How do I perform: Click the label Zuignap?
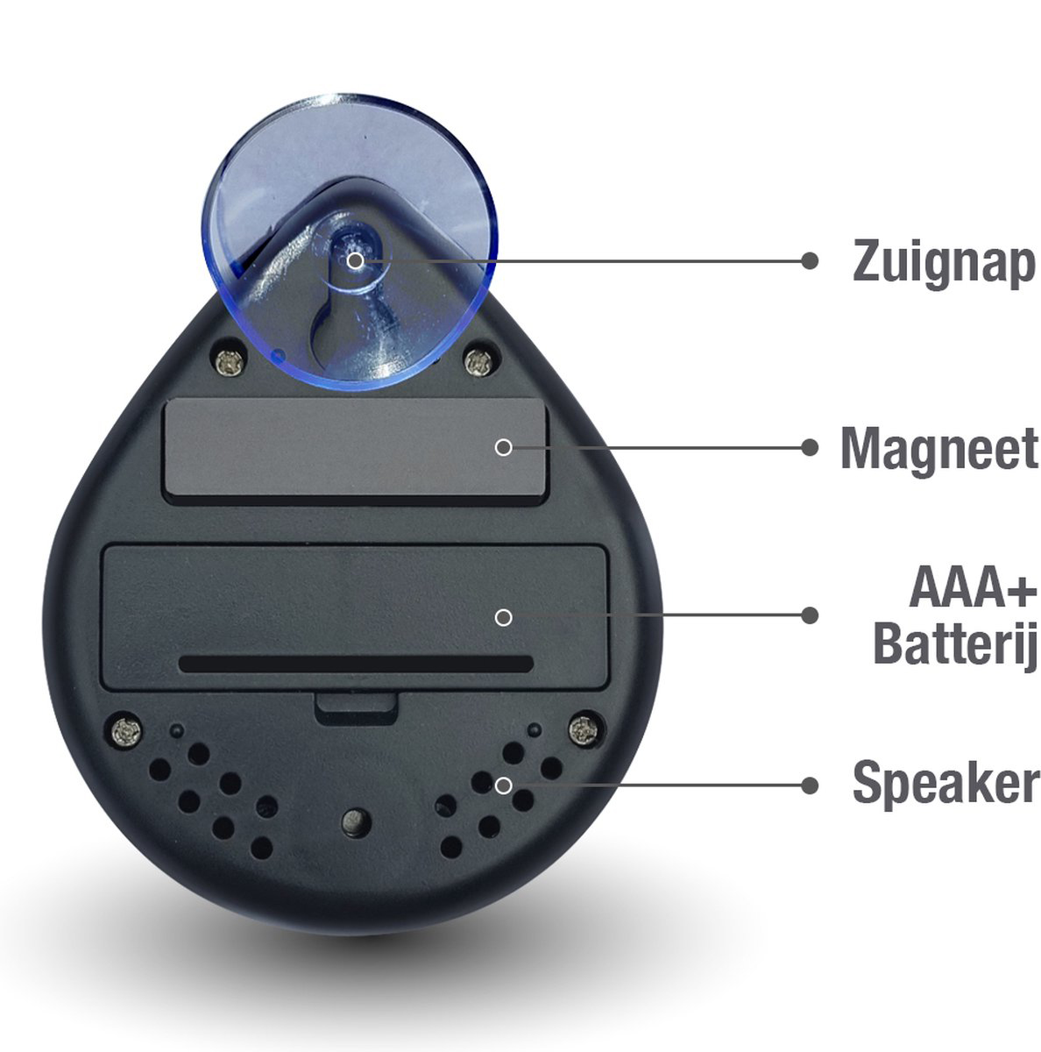pos(944,263)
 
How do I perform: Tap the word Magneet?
pos(938,448)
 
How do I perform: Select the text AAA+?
pos(973,587)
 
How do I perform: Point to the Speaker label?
pos(945,785)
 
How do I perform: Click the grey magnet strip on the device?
pos(356,447)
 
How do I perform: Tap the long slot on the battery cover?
pos(356,664)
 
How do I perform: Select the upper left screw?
pos(230,361)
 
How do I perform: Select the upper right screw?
pos(480,360)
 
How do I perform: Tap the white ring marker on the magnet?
pos(503,448)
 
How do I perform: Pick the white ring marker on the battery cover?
pos(503,617)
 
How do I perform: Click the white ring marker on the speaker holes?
pos(503,785)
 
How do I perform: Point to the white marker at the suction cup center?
pos(355,261)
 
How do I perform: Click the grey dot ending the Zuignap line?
pos(809,261)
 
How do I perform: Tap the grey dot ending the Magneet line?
pos(810,448)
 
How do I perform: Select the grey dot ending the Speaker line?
pos(810,785)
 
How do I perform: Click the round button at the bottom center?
pos(357,822)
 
